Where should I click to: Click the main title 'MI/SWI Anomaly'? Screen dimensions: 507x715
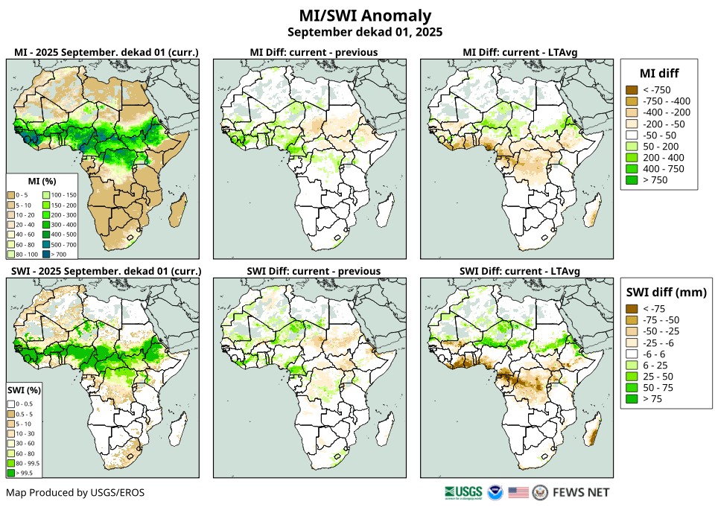(x=364, y=16)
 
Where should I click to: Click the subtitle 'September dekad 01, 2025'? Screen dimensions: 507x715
(x=364, y=32)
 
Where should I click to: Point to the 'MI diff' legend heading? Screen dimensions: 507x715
(x=658, y=73)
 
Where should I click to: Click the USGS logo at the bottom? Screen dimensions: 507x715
(x=463, y=492)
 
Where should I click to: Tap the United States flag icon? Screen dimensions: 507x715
(x=518, y=492)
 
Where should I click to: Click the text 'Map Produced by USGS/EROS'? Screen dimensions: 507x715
(x=75, y=493)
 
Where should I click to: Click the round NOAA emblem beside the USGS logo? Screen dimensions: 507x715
(x=495, y=492)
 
